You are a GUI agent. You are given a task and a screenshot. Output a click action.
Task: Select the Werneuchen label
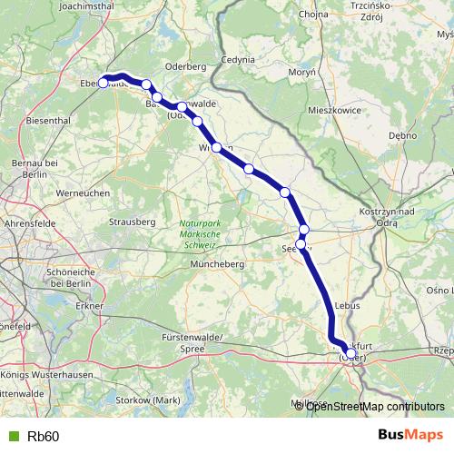[83, 193]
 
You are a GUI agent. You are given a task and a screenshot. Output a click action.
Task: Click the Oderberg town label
[187, 66]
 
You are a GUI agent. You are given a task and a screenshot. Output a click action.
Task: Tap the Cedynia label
[238, 59]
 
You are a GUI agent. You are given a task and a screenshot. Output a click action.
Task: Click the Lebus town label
[349, 307]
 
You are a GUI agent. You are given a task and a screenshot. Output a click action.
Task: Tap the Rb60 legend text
[44, 437]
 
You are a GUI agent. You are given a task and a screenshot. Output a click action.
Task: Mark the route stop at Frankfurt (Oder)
[350, 354]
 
